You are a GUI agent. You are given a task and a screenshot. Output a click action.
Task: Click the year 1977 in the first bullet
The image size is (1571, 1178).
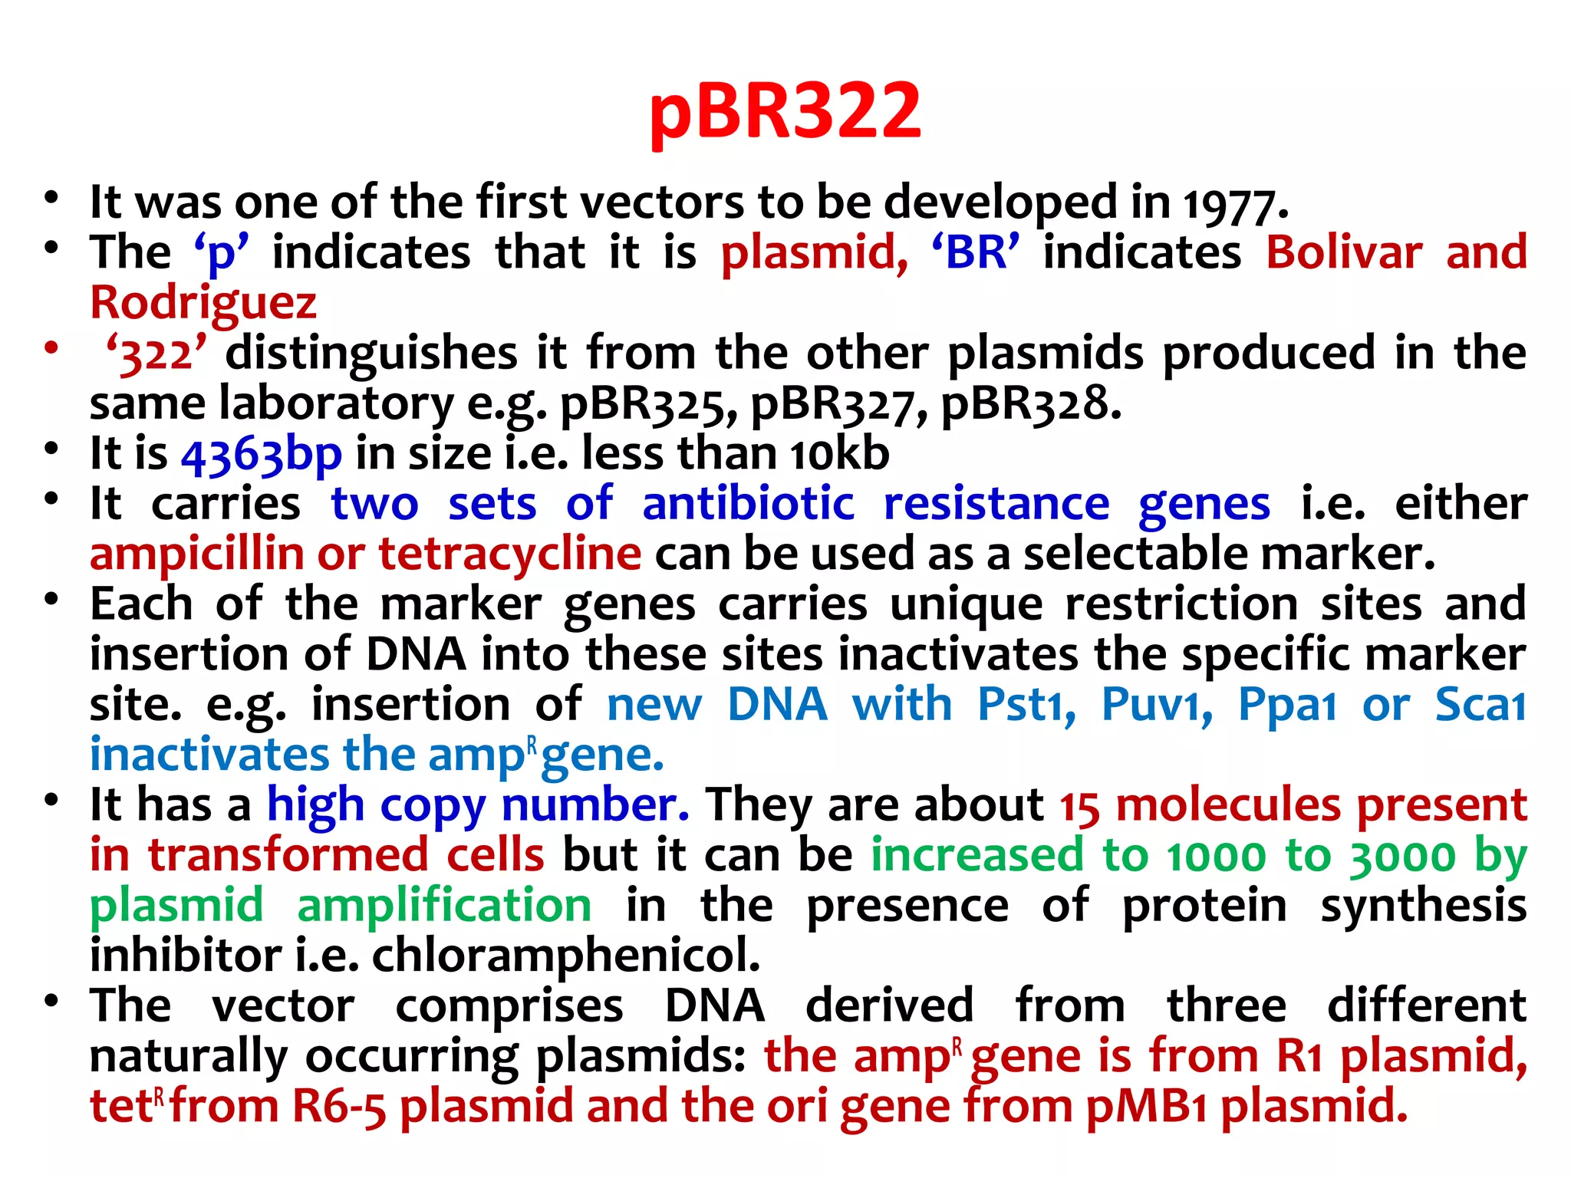click(x=1230, y=204)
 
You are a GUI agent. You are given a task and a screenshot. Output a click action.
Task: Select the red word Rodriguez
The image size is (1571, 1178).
click(x=203, y=303)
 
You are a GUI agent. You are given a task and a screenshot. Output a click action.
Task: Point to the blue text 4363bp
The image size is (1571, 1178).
click(x=262, y=454)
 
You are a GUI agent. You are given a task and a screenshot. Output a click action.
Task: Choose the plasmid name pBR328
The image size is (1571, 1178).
click(x=1029, y=403)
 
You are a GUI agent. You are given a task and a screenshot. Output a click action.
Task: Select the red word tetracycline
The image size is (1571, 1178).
click(x=510, y=554)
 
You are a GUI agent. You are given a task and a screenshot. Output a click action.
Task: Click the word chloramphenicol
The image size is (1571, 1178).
click(x=566, y=956)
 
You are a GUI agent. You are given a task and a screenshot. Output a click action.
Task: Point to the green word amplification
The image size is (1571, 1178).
click(x=444, y=906)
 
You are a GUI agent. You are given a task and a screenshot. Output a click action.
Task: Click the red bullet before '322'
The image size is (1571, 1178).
click(x=51, y=347)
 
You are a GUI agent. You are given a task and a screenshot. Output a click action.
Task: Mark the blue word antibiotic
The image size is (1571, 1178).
click(x=748, y=504)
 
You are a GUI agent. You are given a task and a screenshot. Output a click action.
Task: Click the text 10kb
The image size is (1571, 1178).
click(x=840, y=454)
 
